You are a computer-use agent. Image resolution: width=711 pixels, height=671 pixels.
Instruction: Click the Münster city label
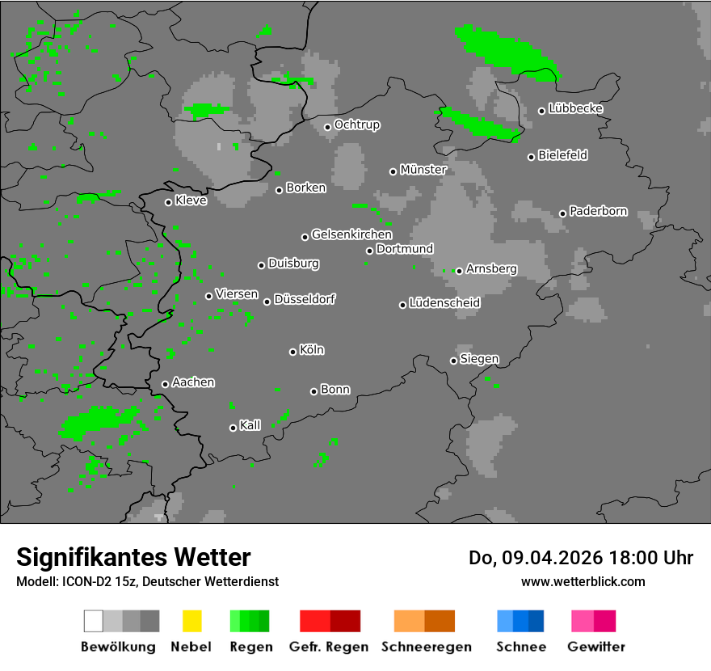[423, 170]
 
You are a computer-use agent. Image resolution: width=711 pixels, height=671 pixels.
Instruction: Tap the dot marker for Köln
[292, 352]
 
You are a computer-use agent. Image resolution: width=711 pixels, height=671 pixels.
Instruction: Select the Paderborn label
[598, 212]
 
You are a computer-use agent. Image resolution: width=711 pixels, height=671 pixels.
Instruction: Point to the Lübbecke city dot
[542, 111]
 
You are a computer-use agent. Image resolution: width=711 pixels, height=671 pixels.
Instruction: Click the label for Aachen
[193, 382]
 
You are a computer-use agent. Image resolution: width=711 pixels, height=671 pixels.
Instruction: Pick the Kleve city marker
[168, 202]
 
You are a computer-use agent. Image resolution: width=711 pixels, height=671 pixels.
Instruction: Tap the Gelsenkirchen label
[351, 234]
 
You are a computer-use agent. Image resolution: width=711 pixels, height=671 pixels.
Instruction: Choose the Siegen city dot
[453, 361]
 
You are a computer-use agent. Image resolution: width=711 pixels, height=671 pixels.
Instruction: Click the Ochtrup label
[357, 125]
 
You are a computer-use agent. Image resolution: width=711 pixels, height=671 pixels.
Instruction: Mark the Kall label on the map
[250, 425]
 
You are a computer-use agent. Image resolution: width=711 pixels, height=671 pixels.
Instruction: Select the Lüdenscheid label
[444, 303]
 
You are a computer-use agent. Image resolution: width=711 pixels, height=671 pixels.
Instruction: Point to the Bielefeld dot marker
[532, 157]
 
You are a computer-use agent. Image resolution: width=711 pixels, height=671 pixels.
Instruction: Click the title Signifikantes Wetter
[133, 557]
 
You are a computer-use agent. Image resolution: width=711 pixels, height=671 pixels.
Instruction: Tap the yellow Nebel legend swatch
[191, 621]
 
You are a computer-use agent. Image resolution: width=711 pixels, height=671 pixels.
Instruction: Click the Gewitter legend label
[596, 647]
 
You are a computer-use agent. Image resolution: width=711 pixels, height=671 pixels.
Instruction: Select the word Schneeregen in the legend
[427, 647]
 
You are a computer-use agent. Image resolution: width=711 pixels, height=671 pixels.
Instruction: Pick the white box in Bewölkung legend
[94, 621]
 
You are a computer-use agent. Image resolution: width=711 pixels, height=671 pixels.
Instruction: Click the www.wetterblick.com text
[583, 581]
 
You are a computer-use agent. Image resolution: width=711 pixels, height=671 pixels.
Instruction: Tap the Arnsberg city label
[491, 268]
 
